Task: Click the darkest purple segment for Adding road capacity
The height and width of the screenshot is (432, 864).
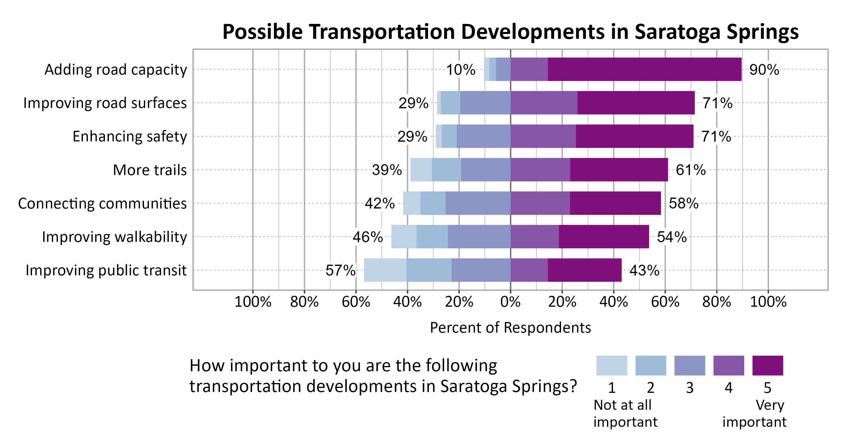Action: [644, 69]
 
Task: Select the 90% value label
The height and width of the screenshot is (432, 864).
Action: [764, 70]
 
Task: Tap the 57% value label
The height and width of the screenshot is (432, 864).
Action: [340, 270]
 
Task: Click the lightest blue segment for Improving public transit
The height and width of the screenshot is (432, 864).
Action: [385, 270]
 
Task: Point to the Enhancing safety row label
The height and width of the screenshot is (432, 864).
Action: [130, 137]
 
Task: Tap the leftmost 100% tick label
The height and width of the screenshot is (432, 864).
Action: [253, 302]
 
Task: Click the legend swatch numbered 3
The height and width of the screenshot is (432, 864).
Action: [689, 365]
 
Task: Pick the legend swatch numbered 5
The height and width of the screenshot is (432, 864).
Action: [768, 365]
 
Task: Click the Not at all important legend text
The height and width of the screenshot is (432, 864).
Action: [625, 413]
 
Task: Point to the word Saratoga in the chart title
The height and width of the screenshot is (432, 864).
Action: [677, 32]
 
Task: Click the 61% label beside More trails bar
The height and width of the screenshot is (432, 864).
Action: [690, 170]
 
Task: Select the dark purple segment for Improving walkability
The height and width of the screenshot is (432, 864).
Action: [603, 236]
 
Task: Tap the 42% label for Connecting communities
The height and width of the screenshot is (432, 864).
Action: [379, 203]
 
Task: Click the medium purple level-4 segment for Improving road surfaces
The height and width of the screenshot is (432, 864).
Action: [544, 103]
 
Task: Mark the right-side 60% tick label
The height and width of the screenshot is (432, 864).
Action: [665, 302]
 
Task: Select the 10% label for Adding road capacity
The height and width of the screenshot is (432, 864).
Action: [460, 70]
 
